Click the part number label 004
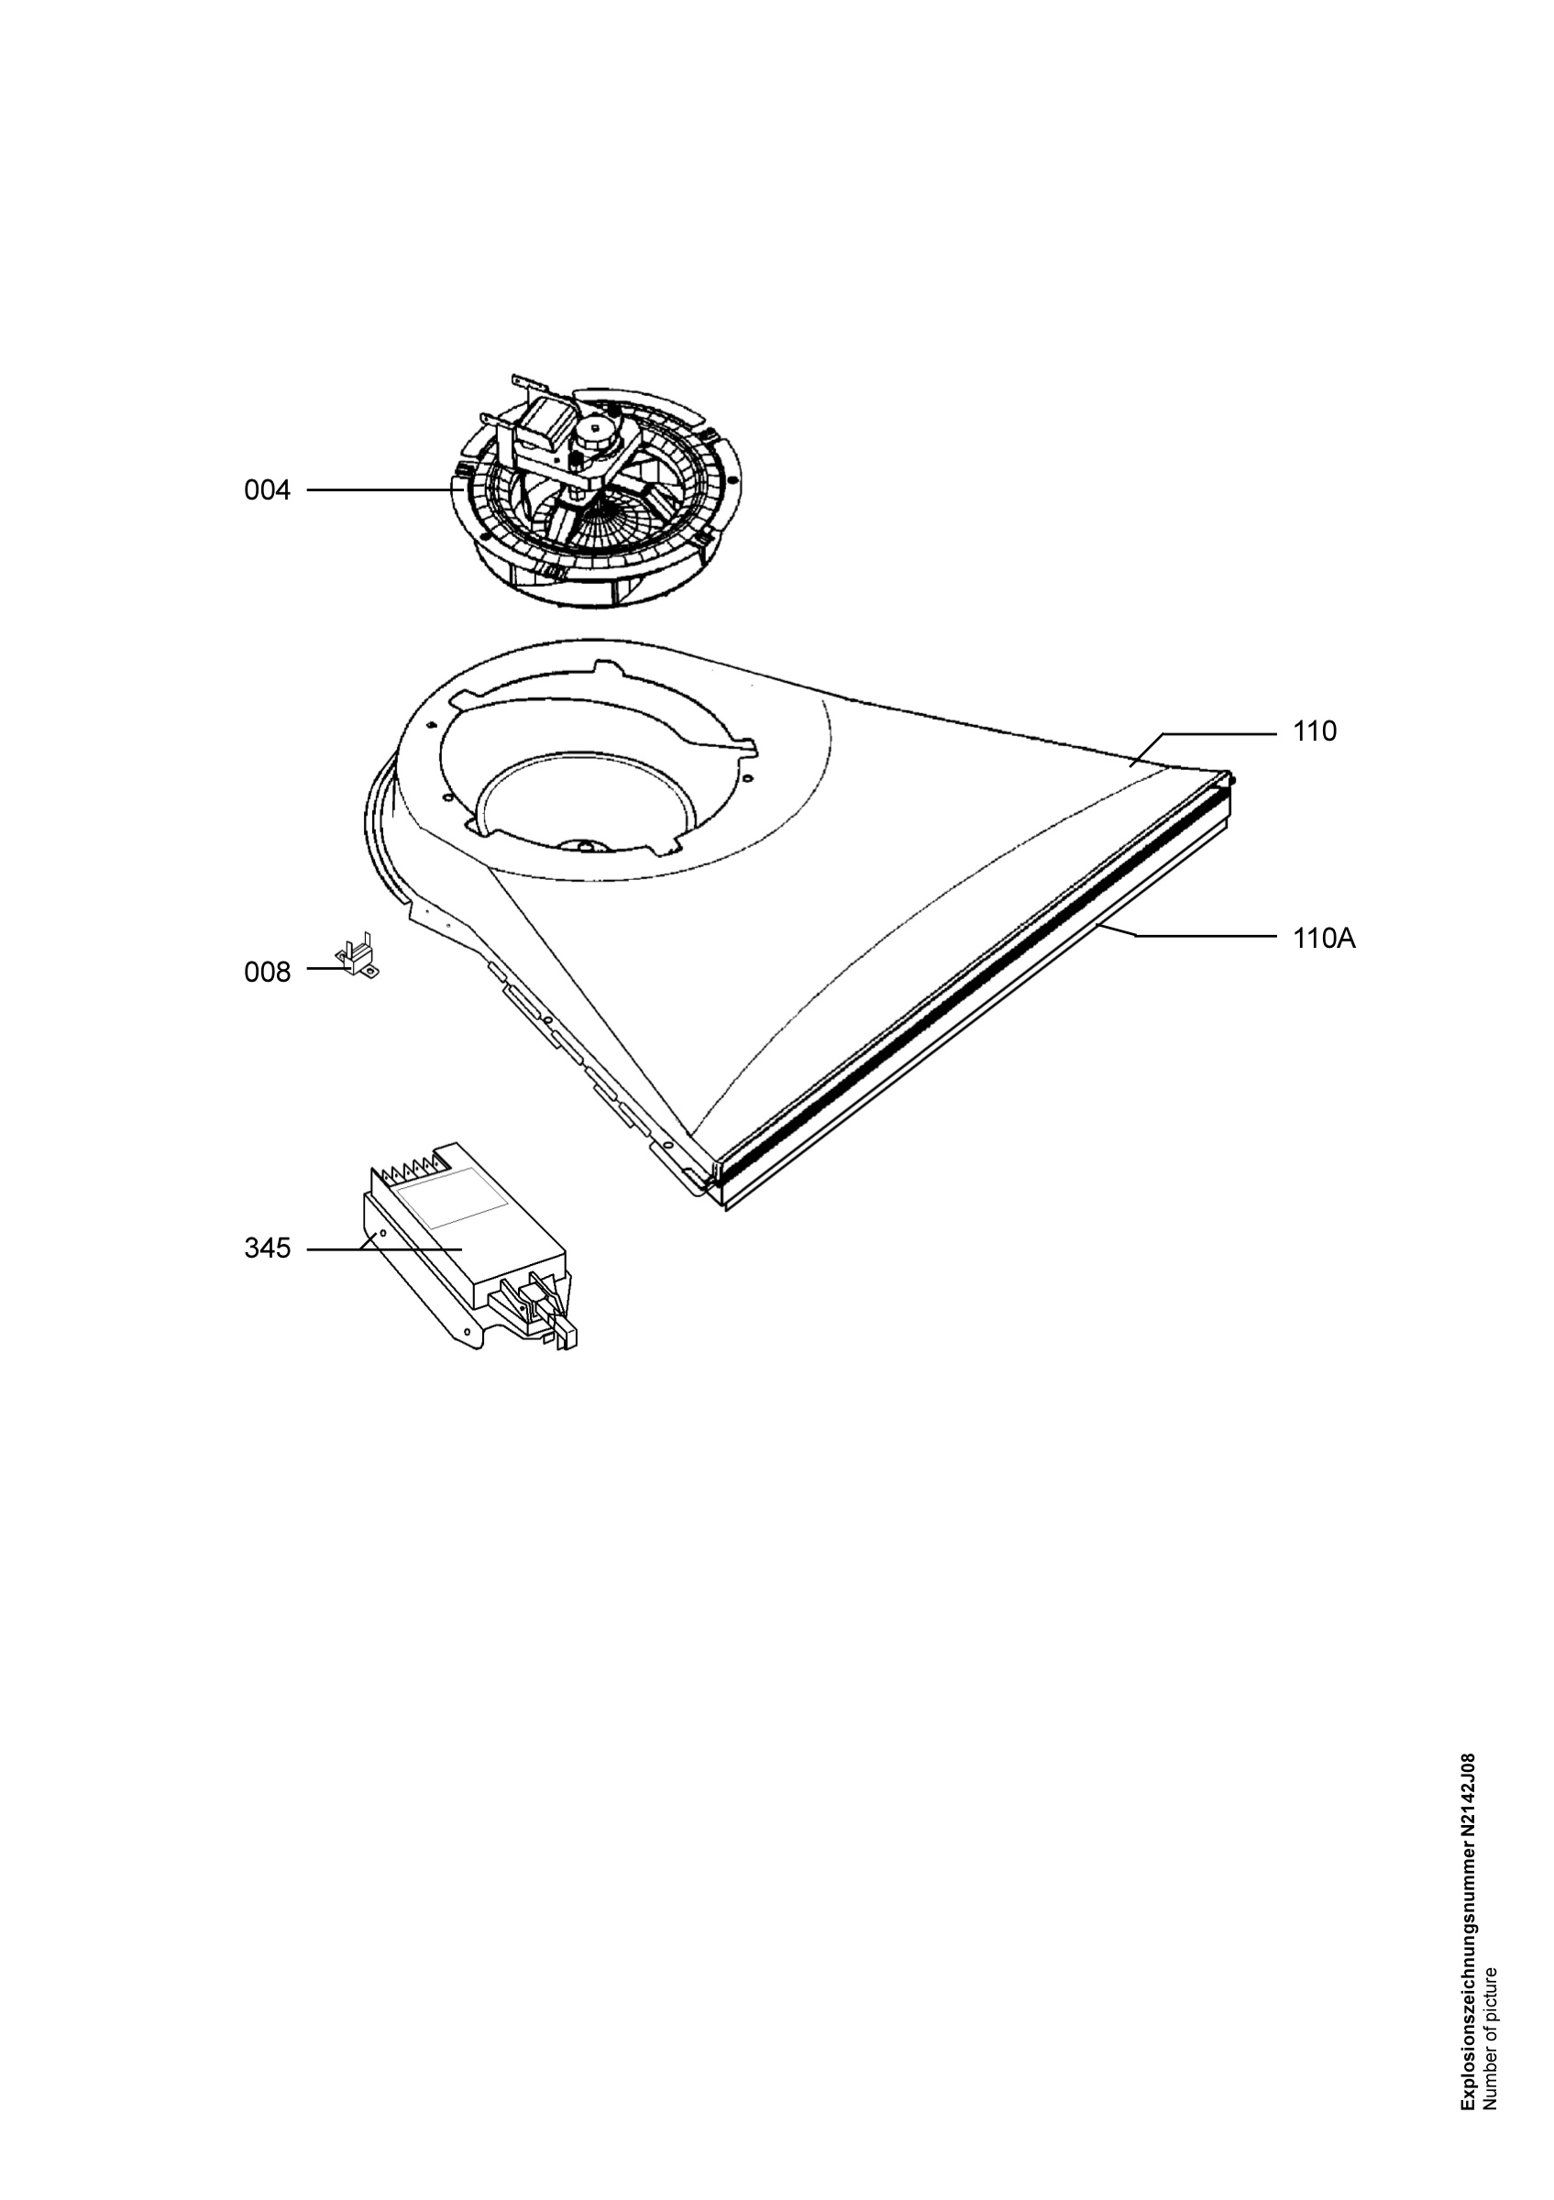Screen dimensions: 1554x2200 pyautogui.click(x=268, y=490)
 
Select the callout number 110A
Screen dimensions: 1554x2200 pyautogui.click(x=1324, y=939)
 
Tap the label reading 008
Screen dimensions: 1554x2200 pyautogui.click(x=268, y=973)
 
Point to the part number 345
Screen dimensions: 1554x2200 pyautogui.click(x=268, y=1248)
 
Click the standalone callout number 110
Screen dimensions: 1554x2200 pyautogui.click(x=1315, y=732)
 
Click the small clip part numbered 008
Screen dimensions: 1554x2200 pyautogui.click(x=358, y=957)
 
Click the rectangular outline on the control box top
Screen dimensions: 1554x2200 pyautogui.click(x=450, y=1198)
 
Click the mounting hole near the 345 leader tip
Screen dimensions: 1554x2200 pyautogui.click(x=381, y=1235)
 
